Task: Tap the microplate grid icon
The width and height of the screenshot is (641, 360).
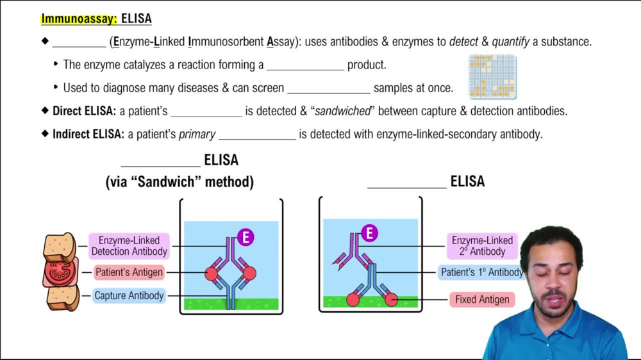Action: pyautogui.click(x=492, y=77)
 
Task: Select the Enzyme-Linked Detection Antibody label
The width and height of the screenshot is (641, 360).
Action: pyautogui.click(x=129, y=246)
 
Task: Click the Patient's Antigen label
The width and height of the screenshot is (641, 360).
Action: pyautogui.click(x=129, y=272)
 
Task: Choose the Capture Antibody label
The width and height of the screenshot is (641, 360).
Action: pyautogui.click(x=129, y=296)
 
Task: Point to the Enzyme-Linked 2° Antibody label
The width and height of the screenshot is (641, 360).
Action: pyautogui.click(x=482, y=246)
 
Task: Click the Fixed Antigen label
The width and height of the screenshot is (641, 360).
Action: pyautogui.click(x=482, y=299)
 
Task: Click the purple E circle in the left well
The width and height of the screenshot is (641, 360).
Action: pyautogui.click(x=246, y=238)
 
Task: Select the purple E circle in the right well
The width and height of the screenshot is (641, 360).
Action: pyautogui.click(x=369, y=233)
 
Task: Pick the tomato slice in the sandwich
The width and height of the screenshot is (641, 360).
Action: pyautogui.click(x=61, y=272)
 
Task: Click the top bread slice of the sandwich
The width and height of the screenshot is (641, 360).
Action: pyautogui.click(x=60, y=247)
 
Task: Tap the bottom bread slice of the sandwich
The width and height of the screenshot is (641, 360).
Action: pyautogui.click(x=62, y=297)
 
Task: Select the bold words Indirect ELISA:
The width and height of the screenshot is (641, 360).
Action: pyautogui.click(x=88, y=135)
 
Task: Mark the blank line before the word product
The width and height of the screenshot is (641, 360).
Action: pyautogui.click(x=305, y=66)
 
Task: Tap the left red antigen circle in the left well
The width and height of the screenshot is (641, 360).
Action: pyautogui.click(x=212, y=274)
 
